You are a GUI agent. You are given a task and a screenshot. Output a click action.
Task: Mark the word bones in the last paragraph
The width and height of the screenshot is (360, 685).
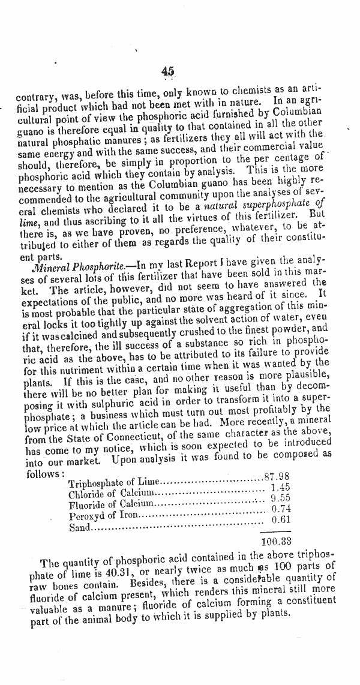[66, 591]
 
